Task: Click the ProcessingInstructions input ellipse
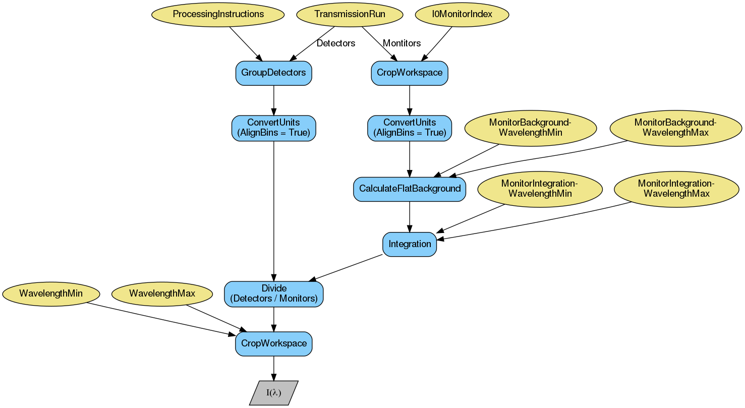(218, 14)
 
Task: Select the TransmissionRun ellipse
(350, 14)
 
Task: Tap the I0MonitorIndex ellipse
(462, 14)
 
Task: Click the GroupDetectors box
(273, 73)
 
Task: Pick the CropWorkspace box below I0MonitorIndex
(409, 73)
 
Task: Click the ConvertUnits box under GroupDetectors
(273, 128)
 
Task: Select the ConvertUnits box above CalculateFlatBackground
(409, 128)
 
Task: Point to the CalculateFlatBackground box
(409, 189)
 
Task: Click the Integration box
(409, 244)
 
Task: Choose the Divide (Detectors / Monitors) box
(273, 294)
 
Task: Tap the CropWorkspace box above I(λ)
(273, 343)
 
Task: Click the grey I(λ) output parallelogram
(273, 393)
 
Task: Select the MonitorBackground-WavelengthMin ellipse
(530, 128)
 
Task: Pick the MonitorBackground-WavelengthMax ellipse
(675, 128)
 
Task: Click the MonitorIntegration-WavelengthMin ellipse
(540, 189)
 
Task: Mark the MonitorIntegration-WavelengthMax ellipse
(676, 189)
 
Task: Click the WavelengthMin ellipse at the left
(51, 294)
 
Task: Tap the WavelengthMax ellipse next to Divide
(162, 294)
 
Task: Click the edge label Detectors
(335, 43)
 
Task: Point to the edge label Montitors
(402, 43)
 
